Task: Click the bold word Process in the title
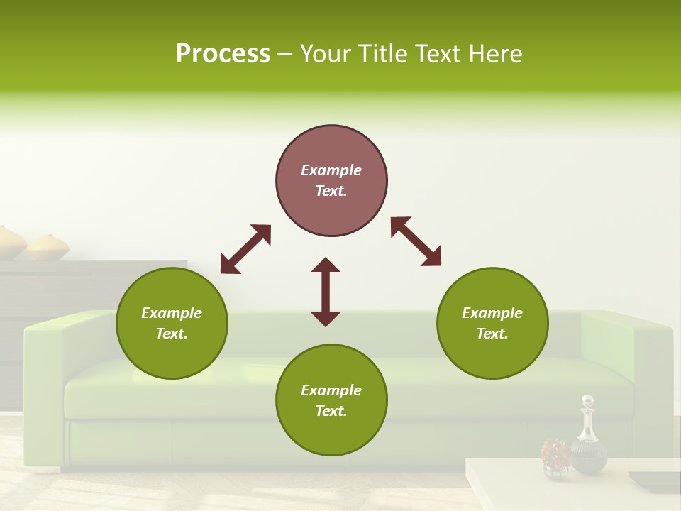223,54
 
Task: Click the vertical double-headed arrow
326,292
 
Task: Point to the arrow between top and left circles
245,249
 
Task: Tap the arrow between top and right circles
416,241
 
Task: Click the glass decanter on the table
588,440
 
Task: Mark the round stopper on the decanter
587,401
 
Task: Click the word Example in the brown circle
331,170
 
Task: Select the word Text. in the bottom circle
331,411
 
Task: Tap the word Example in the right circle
492,313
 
